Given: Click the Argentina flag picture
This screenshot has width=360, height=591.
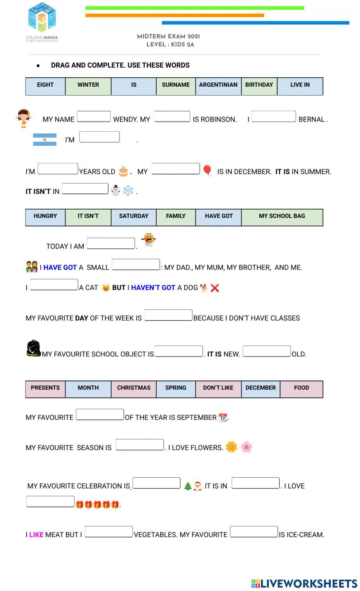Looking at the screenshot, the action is [x=45, y=140].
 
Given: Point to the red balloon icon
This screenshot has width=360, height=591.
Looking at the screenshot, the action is [x=207, y=170].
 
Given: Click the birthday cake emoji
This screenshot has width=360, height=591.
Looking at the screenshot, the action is [x=123, y=171].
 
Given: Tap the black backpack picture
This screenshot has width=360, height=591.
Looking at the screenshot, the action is [x=33, y=348].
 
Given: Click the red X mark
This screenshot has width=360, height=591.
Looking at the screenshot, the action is [x=215, y=288].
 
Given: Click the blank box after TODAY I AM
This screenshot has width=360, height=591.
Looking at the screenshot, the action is [x=111, y=244].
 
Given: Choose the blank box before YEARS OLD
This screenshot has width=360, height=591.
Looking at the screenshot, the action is [x=58, y=169].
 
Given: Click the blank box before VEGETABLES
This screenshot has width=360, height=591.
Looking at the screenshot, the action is [x=109, y=532].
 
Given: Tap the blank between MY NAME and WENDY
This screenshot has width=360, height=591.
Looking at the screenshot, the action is [x=94, y=117].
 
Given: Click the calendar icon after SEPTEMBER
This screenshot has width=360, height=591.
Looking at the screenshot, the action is [x=223, y=417].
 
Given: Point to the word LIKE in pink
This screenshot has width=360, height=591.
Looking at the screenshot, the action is [x=36, y=535].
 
